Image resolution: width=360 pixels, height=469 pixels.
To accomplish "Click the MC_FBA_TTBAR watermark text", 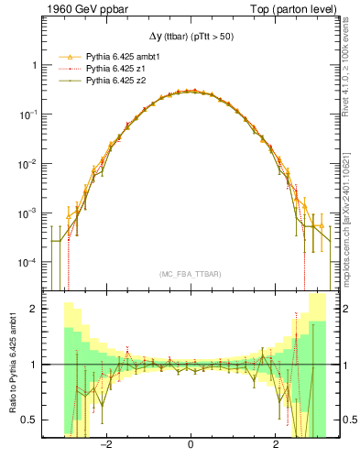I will (x=190, y=274).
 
